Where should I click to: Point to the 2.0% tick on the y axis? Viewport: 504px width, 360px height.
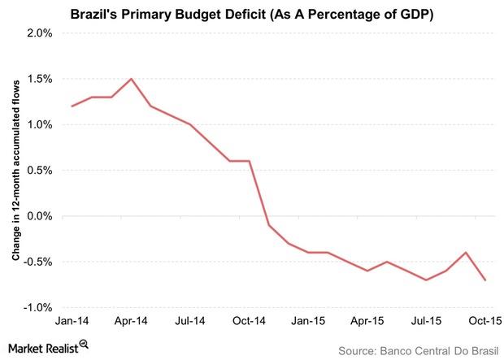pyautogui.click(x=39, y=33)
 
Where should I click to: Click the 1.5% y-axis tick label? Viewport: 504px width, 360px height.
pyautogui.click(x=39, y=79)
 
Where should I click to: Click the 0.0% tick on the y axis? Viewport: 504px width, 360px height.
pyautogui.click(x=39, y=216)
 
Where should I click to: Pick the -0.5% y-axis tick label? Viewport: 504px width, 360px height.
pyautogui.click(x=37, y=262)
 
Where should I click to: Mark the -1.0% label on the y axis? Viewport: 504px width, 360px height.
pyautogui.click(x=37, y=308)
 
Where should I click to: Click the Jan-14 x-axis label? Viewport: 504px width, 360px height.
pyautogui.click(x=73, y=320)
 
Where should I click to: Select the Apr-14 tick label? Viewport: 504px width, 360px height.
pyautogui.click(x=132, y=320)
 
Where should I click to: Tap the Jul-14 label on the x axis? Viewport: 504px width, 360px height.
pyautogui.click(x=190, y=320)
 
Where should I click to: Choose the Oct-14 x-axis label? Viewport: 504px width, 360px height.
pyautogui.click(x=250, y=320)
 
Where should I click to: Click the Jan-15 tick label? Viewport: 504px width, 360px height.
pyautogui.click(x=309, y=320)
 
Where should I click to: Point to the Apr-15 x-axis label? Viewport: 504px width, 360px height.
pyautogui.click(x=367, y=320)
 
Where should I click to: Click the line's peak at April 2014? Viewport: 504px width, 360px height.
pyautogui.click(x=132, y=79)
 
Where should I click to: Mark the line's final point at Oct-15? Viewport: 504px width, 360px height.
pyautogui.click(x=486, y=280)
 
